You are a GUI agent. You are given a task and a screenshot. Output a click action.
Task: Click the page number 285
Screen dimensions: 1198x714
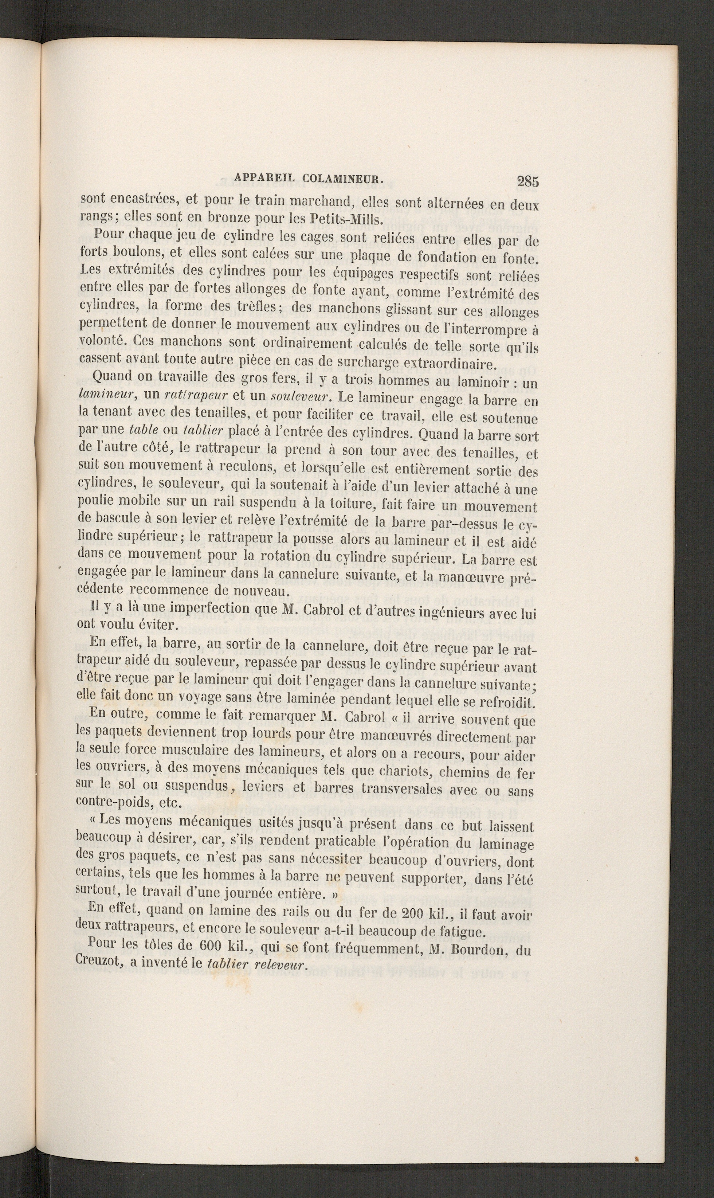[x=528, y=181]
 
